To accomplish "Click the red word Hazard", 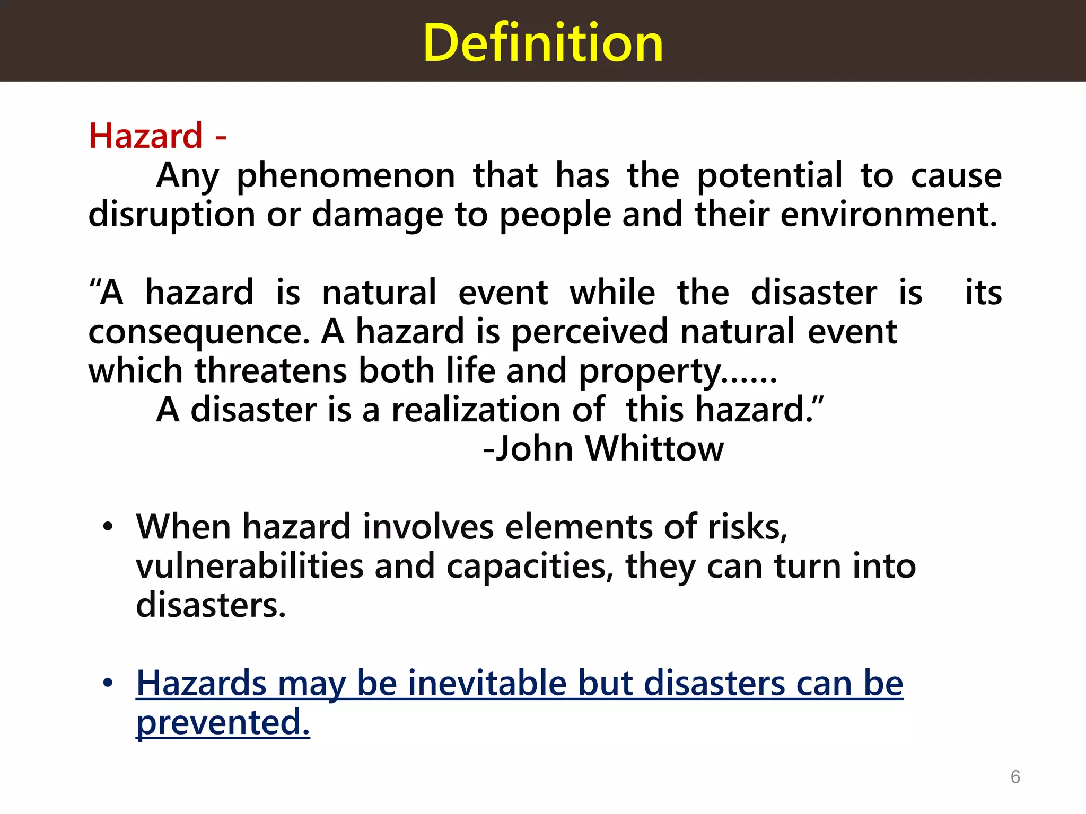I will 146,136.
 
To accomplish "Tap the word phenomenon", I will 346,176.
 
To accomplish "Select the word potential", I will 769,176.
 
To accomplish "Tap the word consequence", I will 199,332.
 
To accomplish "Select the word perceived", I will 590,332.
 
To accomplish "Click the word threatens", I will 271,371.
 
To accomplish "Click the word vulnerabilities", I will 250,566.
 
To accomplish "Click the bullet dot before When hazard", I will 108,527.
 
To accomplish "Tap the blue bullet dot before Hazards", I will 108,683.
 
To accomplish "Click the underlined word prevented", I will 223,722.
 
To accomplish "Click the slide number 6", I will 1015,777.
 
